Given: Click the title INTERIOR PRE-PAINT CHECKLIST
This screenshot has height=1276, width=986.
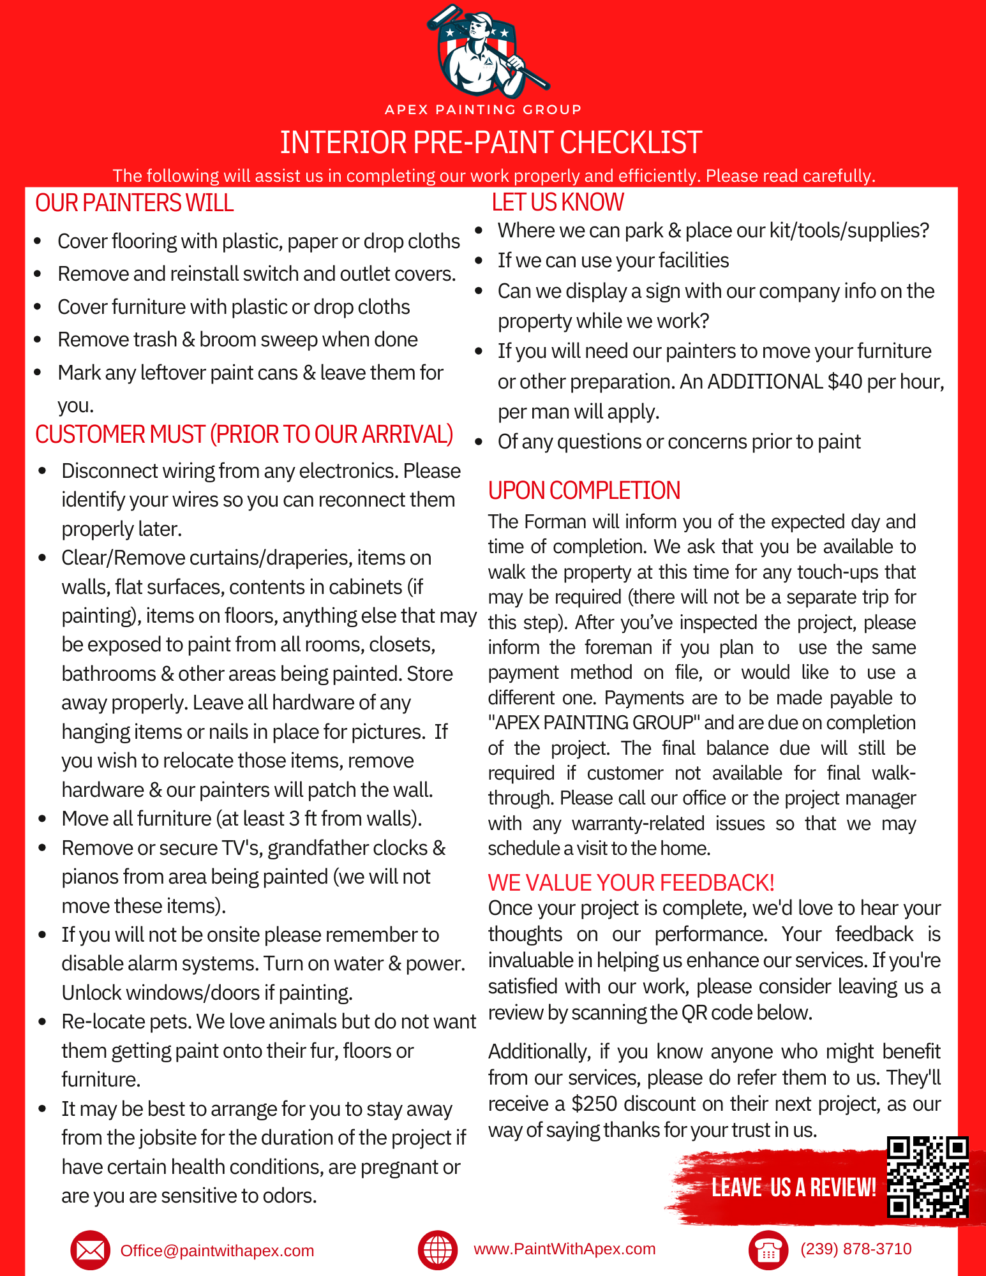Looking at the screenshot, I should (x=491, y=142).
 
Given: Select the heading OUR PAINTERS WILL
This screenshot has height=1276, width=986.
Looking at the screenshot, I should (x=135, y=203).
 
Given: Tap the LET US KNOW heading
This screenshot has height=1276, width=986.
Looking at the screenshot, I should (x=557, y=202).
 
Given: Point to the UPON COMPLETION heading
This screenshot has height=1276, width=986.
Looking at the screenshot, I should (x=584, y=491).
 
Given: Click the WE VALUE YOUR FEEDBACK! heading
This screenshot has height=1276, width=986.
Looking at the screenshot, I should (x=631, y=883).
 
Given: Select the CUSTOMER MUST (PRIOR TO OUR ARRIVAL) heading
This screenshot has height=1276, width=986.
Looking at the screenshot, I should (x=244, y=434).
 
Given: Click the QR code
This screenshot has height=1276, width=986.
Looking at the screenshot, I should (x=928, y=1177).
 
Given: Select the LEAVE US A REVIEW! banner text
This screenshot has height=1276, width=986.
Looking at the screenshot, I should (x=793, y=1188).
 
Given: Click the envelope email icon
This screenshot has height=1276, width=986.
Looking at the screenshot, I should (x=90, y=1250).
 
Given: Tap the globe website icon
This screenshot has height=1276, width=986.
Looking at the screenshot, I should (x=438, y=1250).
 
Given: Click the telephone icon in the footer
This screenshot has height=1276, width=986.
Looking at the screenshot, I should (x=768, y=1250).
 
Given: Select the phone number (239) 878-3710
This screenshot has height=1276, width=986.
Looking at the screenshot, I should (x=856, y=1249).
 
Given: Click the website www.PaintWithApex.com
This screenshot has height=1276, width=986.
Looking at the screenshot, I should (x=564, y=1249).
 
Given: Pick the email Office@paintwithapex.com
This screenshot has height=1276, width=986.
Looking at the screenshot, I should (x=217, y=1250).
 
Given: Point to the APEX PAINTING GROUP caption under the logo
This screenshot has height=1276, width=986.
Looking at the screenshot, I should (x=483, y=110).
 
